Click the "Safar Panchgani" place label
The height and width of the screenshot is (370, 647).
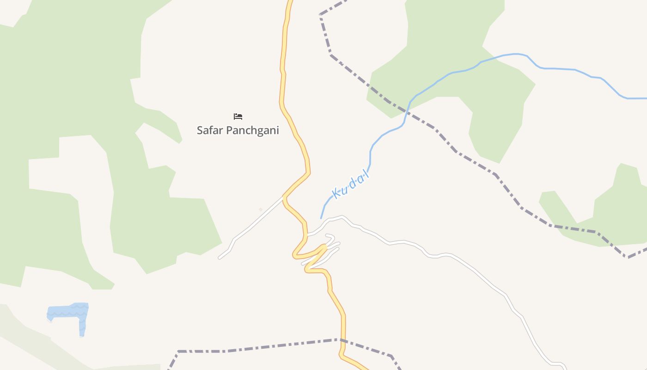(238, 130)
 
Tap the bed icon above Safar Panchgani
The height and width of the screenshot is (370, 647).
(238, 117)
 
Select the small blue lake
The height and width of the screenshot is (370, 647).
(69, 312)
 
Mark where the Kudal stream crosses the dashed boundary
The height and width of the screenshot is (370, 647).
(407, 111)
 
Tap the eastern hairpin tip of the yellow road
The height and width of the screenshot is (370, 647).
(325, 247)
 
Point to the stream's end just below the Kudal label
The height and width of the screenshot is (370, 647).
(321, 218)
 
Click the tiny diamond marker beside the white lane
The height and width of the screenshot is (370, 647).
(261, 210)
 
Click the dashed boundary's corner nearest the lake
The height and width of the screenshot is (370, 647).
(178, 351)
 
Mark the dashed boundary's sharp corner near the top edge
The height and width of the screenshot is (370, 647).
(320, 15)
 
